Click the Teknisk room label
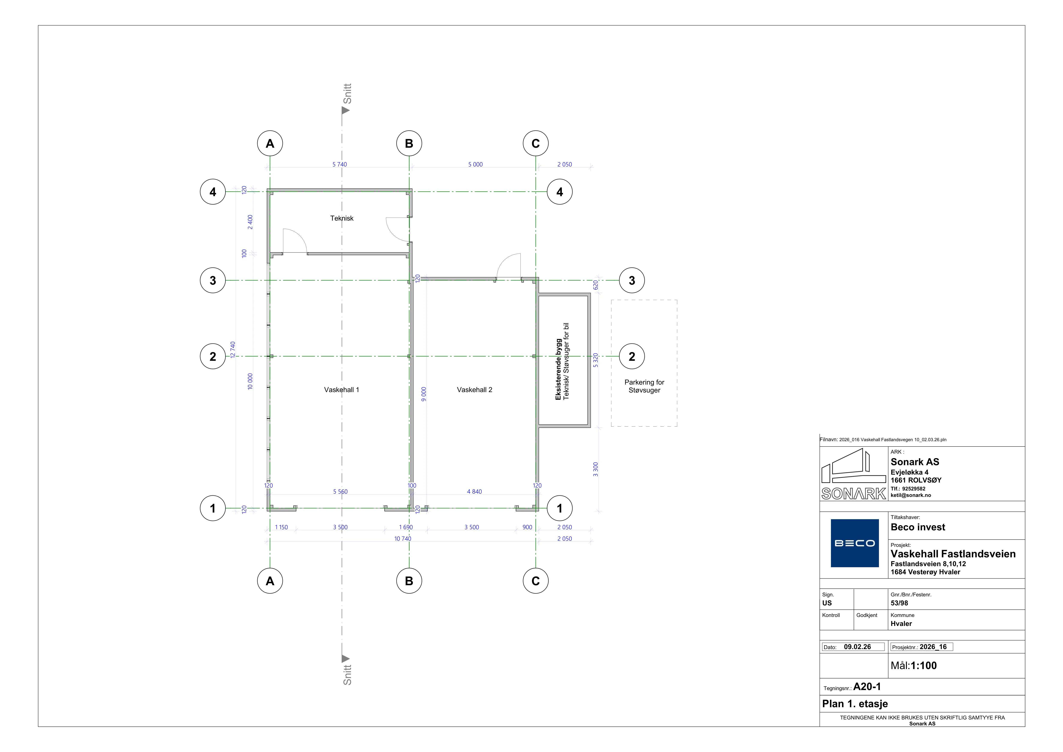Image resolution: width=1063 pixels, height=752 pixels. pyautogui.click(x=342, y=218)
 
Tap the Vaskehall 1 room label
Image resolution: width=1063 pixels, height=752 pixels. pyautogui.click(x=342, y=390)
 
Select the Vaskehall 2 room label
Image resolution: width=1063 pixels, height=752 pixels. pyautogui.click(x=475, y=390)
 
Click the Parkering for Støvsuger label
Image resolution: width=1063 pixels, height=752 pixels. pyautogui.click(x=644, y=386)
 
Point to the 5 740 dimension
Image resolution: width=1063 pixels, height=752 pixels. pyautogui.click(x=339, y=164)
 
